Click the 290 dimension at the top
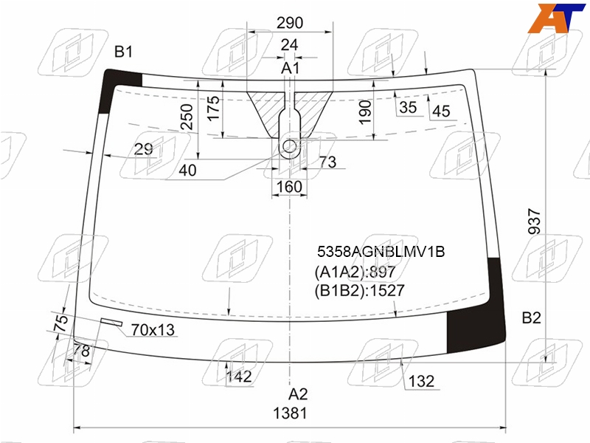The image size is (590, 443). pos(290,23)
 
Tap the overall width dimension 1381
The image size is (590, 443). pos(290,413)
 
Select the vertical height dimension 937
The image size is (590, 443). pos(534,221)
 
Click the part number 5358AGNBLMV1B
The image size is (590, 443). pos(381,251)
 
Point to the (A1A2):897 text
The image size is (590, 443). pos(355,272)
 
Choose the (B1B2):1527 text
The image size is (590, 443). pos(359,290)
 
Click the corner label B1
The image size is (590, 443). pos(123,52)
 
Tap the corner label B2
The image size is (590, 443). pos(531,318)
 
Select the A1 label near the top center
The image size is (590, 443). pos(290,68)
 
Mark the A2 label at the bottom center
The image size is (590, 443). pos(298,394)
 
